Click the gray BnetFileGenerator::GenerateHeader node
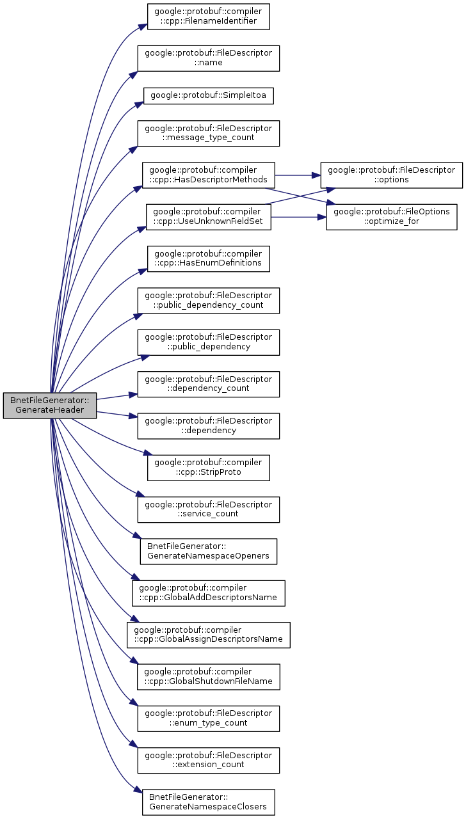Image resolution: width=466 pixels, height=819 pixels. pos(49,406)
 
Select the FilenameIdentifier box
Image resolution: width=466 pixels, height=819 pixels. pos(208,17)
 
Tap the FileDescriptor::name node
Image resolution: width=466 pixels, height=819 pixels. pos(209,58)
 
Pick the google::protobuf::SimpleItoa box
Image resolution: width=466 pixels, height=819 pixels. pos(209,96)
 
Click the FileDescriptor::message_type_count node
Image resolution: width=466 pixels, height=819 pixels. pos(209,133)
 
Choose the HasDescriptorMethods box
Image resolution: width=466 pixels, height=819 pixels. pos(209,175)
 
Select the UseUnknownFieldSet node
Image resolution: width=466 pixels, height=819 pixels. pos(209,216)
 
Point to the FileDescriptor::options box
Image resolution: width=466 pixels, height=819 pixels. pos(391,175)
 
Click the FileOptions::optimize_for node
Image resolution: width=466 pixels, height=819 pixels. pos(391,216)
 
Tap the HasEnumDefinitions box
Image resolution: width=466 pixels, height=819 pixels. pos(209,258)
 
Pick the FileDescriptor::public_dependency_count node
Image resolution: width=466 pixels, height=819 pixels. pos(209,300)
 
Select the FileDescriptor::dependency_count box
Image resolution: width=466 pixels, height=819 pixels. pos(209,384)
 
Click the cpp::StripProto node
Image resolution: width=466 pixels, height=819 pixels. pos(209,467)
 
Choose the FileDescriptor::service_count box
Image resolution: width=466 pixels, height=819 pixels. pos(209,509)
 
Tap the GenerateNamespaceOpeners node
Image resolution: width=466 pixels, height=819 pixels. pos(209,551)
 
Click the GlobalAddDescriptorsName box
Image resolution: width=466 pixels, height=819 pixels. pos(209,592)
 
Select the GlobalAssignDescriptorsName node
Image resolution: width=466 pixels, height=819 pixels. pos(209,634)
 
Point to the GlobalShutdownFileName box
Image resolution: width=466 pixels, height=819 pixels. pos(209,676)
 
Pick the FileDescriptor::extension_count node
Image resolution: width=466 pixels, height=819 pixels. pos(209,760)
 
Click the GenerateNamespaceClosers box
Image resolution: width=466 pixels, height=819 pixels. pos(209,802)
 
